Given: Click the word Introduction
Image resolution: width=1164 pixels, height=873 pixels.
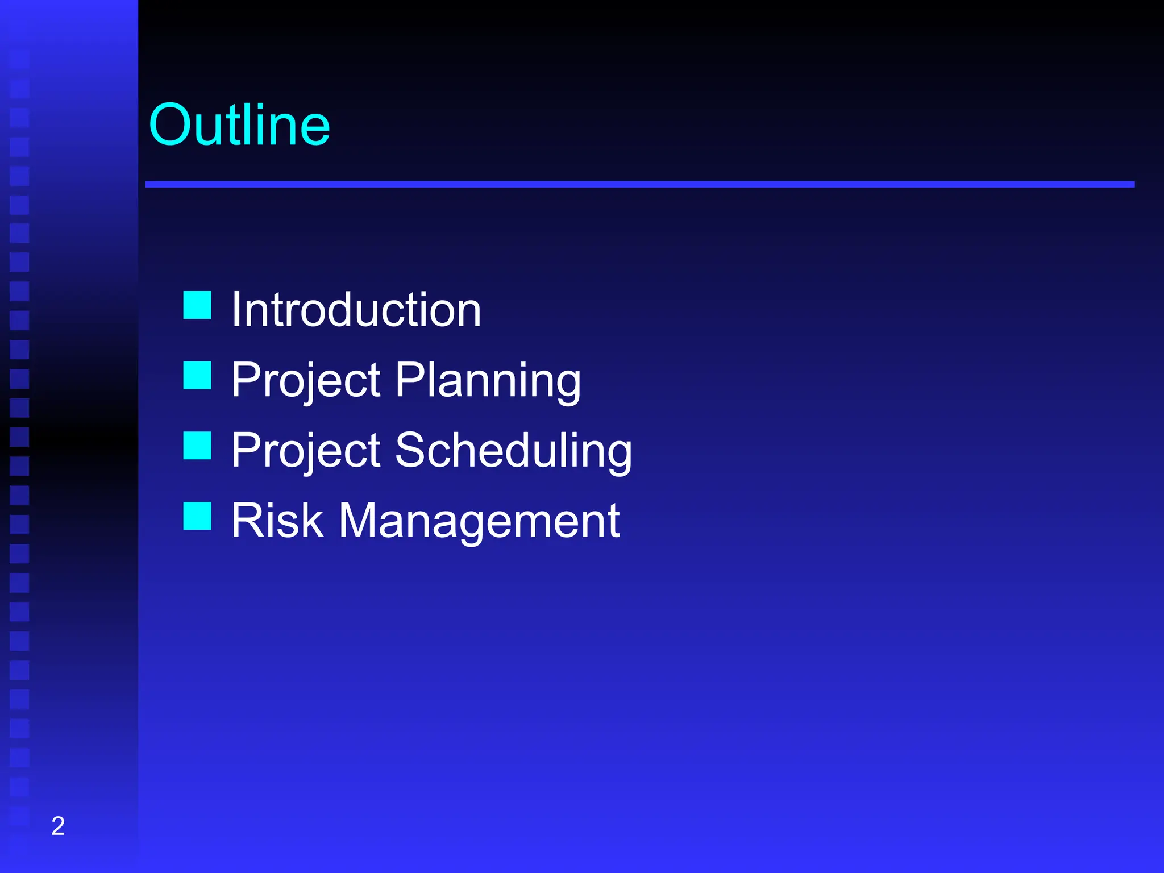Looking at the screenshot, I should (356, 310).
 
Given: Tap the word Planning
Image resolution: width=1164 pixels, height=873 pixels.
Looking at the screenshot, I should (488, 380).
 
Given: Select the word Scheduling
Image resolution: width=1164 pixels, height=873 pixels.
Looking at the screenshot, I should (513, 451).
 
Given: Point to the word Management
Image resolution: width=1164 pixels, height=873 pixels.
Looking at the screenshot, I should (479, 521).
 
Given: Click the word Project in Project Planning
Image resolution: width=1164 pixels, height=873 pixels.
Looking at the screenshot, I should (306, 380).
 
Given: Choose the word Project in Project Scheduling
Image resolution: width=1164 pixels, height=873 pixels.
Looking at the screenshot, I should (306, 451).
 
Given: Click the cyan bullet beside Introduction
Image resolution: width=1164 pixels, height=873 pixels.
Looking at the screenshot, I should (197, 305).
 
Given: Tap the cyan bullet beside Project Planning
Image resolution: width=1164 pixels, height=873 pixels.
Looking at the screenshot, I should (197, 376).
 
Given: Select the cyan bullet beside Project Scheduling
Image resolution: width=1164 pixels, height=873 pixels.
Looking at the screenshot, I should (197, 446).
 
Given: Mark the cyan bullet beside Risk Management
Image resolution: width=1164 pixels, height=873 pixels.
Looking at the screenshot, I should (197, 516).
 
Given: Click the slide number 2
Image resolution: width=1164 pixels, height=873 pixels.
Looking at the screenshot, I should (58, 826).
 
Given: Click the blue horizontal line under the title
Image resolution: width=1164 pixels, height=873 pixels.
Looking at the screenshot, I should (639, 185).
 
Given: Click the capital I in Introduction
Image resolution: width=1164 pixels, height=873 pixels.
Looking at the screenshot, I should (236, 310).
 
